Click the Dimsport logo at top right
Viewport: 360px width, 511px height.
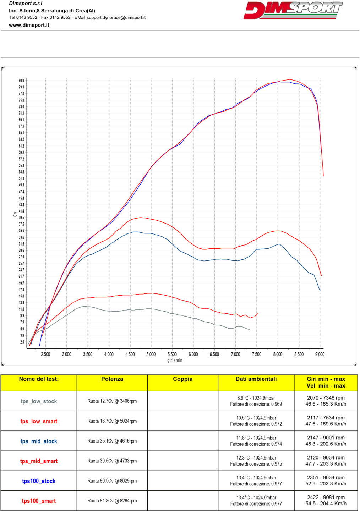[x=293, y=10]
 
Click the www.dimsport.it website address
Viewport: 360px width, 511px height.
[x=29, y=25]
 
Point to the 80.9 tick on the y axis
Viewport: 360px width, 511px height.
[x=22, y=81]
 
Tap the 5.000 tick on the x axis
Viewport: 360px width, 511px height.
[x=151, y=354]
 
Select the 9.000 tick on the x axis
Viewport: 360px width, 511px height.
[x=320, y=354]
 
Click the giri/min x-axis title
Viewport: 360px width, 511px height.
[x=175, y=360]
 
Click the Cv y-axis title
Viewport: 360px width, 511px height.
[x=15, y=214]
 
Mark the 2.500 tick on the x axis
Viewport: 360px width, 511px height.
[x=45, y=354]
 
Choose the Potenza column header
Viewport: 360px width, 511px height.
[x=112, y=379]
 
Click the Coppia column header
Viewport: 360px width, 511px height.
[x=182, y=379]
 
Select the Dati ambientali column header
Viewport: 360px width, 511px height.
[x=256, y=379]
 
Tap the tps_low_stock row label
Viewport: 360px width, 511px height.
[x=39, y=401]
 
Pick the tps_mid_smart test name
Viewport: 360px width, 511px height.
[x=39, y=461]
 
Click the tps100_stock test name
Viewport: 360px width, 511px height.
[x=39, y=481]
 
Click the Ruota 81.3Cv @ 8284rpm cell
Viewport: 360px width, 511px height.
[x=112, y=501]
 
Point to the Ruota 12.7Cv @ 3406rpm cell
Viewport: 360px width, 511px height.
[x=112, y=401]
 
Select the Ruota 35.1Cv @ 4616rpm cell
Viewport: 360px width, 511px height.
[x=112, y=441]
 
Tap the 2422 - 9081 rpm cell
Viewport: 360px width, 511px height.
[x=326, y=498]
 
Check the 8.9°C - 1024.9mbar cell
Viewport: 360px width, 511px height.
[x=256, y=398]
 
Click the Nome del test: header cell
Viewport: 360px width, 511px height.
[x=39, y=379]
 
